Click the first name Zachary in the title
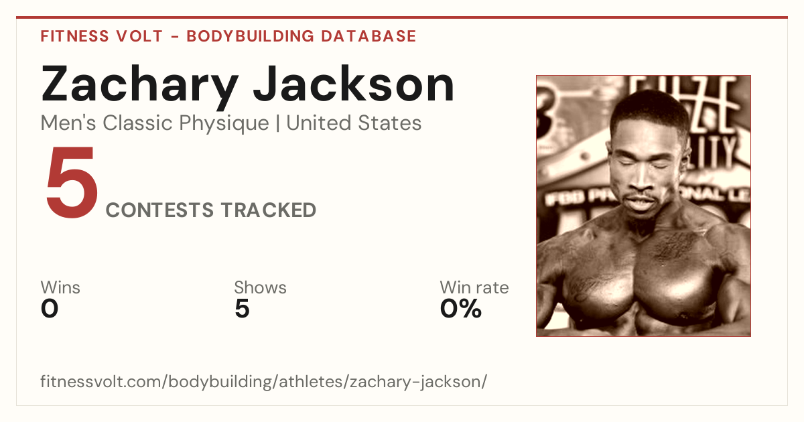click(x=139, y=87)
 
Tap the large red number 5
click(x=72, y=182)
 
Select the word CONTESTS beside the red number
click(x=159, y=210)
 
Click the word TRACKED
click(x=269, y=210)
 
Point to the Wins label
click(x=60, y=287)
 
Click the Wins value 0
click(x=50, y=309)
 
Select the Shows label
click(x=260, y=287)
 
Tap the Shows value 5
click(x=243, y=309)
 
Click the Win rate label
click(x=474, y=287)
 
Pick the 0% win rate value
click(x=461, y=309)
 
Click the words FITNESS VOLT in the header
click(x=102, y=36)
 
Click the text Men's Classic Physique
click(x=155, y=123)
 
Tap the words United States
click(x=354, y=123)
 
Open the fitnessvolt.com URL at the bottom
click(x=263, y=382)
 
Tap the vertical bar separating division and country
click(x=278, y=123)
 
